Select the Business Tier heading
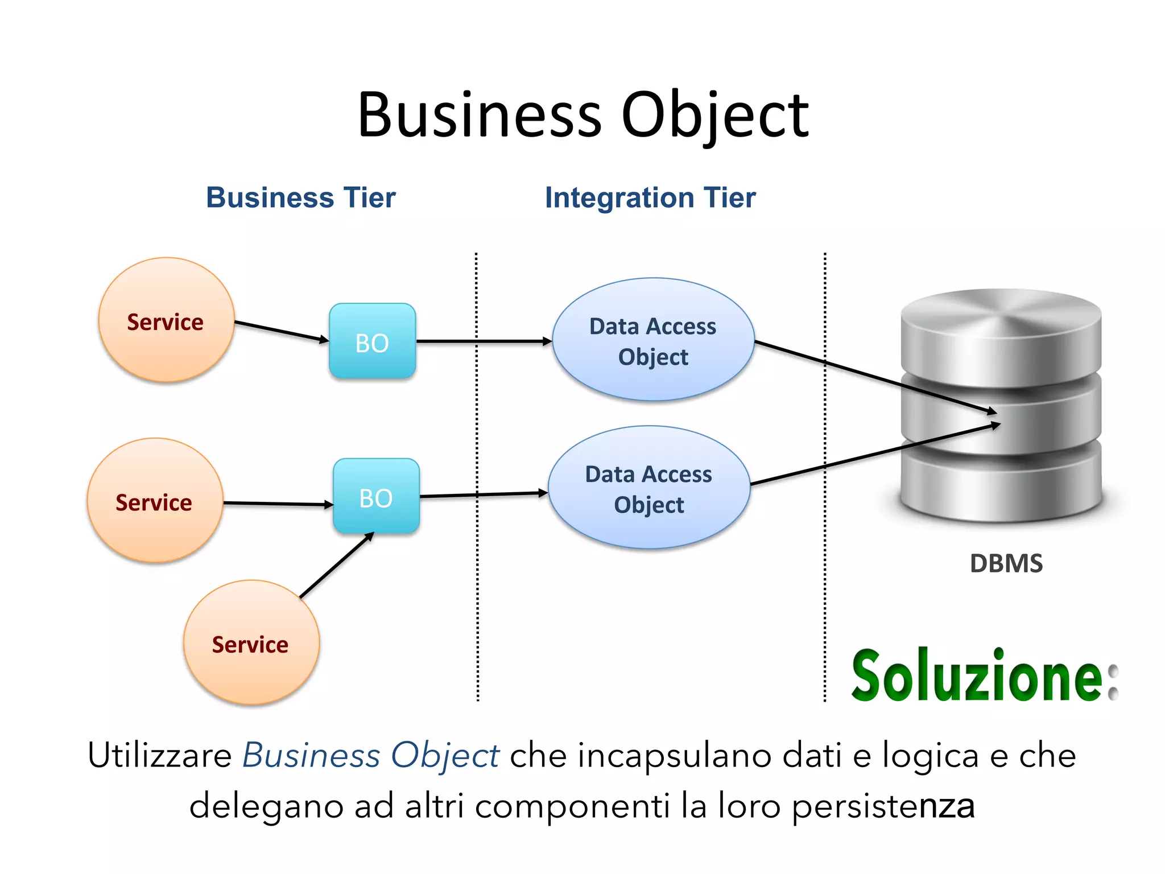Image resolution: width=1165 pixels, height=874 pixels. coord(300,197)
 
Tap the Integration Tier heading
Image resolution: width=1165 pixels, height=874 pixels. coord(650,197)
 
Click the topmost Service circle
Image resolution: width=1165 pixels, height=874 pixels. coord(166,320)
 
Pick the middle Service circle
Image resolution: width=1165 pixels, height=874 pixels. coord(155,501)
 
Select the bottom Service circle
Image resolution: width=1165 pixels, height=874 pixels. coord(251,643)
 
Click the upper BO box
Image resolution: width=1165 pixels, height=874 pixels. coord(373,341)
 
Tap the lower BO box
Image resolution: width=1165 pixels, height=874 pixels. coord(376,496)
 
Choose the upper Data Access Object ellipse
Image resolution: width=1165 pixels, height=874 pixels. coord(653,340)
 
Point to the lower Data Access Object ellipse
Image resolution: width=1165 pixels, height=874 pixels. coord(648,488)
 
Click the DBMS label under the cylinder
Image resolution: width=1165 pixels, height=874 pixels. coord(1006,563)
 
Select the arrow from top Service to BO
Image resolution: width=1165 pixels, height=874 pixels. coord(282,331)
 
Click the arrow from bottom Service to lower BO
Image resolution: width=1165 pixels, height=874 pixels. coord(336,566)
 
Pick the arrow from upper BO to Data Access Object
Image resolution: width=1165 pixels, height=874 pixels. coord(484,341)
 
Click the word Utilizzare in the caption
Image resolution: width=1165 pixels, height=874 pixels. coord(160,756)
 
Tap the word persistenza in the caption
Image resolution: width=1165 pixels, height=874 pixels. coord(883,806)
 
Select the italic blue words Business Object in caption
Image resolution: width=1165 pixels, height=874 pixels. coord(370,756)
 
